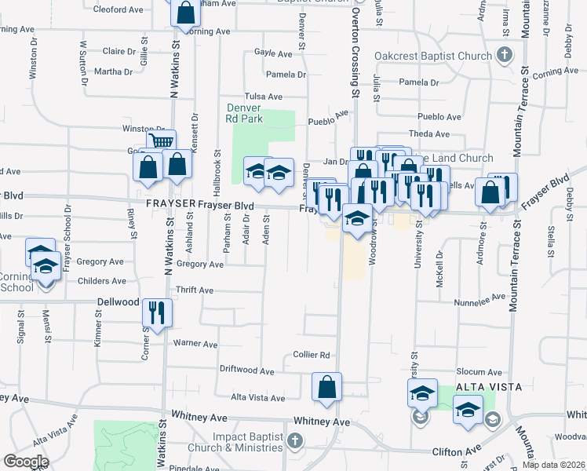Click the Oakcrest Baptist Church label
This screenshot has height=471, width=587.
pyautogui.click(x=432, y=57)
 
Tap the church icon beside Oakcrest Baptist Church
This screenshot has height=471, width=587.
pyautogui.click(x=504, y=56)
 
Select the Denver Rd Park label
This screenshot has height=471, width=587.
pyautogui.click(x=242, y=113)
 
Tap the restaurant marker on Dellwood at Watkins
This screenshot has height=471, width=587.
pyautogui.click(x=156, y=313)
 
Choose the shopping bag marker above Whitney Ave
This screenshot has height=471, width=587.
pyautogui.click(x=326, y=387)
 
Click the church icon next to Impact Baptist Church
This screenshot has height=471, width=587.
pyautogui.click(x=295, y=440)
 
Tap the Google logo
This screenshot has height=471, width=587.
pyautogui.click(x=26, y=462)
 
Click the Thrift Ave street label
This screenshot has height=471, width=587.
pyautogui.click(x=195, y=290)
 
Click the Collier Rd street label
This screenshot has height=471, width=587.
pyautogui.click(x=309, y=355)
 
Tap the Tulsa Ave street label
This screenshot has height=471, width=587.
pyautogui.click(x=263, y=97)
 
